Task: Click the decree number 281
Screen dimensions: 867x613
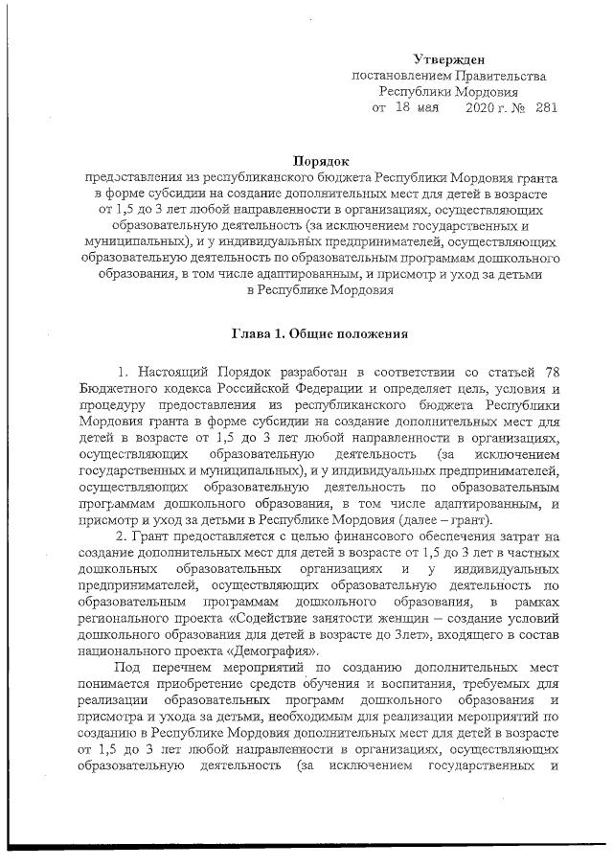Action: (546, 108)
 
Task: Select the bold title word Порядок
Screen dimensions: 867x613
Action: (320, 162)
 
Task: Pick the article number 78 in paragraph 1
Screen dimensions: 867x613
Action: (550, 371)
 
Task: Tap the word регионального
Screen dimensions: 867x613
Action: (126, 616)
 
